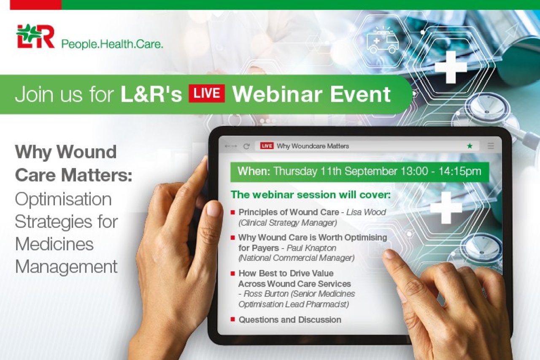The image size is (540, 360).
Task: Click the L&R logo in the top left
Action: [x=35, y=36]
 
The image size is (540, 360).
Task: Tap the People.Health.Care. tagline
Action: [x=112, y=44]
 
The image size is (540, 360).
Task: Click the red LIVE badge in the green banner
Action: [x=207, y=93]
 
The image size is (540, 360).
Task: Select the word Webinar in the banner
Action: [x=277, y=94]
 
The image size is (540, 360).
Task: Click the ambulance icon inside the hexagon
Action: [x=383, y=41]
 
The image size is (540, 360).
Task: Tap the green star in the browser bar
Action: [x=470, y=146]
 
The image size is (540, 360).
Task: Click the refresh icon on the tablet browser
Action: [x=246, y=146]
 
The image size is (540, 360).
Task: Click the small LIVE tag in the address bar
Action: [x=267, y=146]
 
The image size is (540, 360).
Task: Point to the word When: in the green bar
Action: [x=254, y=171]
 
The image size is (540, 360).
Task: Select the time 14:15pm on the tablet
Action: [x=460, y=171]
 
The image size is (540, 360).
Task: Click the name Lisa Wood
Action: [x=366, y=212]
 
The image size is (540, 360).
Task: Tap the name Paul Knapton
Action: [x=311, y=248]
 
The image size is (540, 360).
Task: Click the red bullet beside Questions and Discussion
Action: [x=232, y=319]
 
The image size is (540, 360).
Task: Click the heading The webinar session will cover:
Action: [x=310, y=195]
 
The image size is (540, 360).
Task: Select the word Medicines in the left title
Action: [x=54, y=244]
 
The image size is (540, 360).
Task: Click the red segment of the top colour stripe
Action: [x=36, y=5]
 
